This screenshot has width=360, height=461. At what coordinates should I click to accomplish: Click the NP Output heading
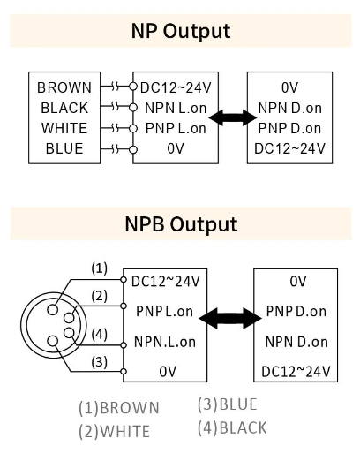[x=180, y=31]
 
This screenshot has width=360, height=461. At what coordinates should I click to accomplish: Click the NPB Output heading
[x=180, y=223]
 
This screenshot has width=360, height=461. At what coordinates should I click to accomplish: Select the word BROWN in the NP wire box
[x=63, y=87]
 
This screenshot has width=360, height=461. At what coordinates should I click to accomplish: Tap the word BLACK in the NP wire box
[x=64, y=108]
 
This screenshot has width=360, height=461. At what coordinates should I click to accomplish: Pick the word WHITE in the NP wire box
[x=64, y=128]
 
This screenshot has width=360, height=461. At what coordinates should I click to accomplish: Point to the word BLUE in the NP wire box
[x=64, y=148]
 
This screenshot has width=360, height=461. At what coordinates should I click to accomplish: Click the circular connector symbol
[x=57, y=324]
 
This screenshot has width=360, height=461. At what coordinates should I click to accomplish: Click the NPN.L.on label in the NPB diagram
[x=165, y=342]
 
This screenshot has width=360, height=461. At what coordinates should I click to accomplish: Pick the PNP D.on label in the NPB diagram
[x=296, y=312]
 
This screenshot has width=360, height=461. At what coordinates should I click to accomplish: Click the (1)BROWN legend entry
[x=119, y=408]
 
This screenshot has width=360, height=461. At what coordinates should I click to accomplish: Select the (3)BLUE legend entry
[x=228, y=404]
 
